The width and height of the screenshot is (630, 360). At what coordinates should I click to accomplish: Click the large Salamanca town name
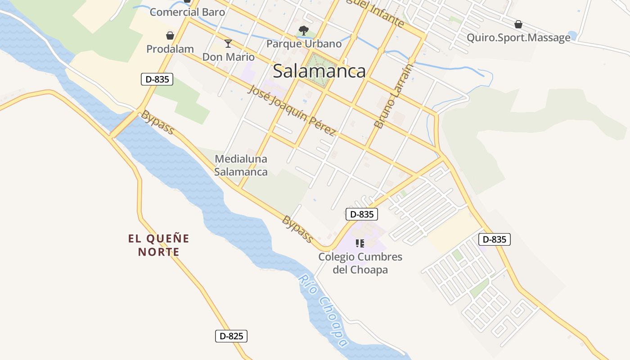pyautogui.click(x=319, y=71)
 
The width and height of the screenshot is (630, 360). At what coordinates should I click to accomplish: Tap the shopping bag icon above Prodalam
pyautogui.click(x=170, y=36)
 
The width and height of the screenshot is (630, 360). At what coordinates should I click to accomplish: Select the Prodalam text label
pyautogui.click(x=170, y=49)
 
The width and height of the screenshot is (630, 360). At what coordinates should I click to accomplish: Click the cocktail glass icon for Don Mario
pyautogui.click(x=228, y=44)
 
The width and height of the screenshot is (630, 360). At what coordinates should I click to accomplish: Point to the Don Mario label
pyautogui.click(x=228, y=57)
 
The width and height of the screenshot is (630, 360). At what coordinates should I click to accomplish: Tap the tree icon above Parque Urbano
pyautogui.click(x=304, y=31)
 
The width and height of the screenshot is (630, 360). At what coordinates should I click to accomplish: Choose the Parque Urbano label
pyautogui.click(x=304, y=44)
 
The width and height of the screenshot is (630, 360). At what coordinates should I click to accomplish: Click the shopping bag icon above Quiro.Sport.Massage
pyautogui.click(x=518, y=24)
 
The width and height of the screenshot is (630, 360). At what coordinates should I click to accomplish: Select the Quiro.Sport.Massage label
pyautogui.click(x=518, y=38)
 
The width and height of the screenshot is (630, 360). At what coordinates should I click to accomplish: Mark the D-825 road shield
pyautogui.click(x=231, y=336)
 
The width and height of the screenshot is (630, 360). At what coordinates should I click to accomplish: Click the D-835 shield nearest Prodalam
pyautogui.click(x=157, y=80)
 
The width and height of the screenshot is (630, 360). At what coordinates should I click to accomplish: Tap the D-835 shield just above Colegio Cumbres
pyautogui.click(x=362, y=214)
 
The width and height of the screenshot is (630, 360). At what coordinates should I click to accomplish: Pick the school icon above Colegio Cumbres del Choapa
pyautogui.click(x=360, y=243)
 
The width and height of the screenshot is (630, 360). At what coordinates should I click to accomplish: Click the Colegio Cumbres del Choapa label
pyautogui.click(x=360, y=263)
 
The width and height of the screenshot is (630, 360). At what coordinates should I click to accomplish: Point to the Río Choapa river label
pyautogui.click(x=323, y=310)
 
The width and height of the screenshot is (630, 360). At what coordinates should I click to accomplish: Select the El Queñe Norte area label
pyautogui.click(x=159, y=245)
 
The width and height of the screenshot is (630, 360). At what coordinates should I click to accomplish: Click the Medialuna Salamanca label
pyautogui.click(x=241, y=165)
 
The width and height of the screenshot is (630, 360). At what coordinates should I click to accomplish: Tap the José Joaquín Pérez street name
pyautogui.click(x=292, y=110)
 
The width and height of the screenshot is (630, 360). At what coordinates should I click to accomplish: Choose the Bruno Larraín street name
pyautogui.click(x=387, y=96)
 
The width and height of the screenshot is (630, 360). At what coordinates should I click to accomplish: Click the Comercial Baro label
pyautogui.click(x=187, y=12)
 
